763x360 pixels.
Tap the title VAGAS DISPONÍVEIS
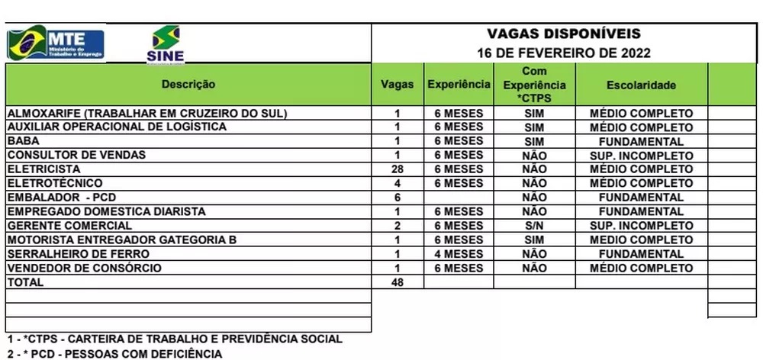point(564,34)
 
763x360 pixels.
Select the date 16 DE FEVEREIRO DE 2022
point(564,53)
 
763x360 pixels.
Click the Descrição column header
point(188,84)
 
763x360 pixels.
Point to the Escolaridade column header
point(641,85)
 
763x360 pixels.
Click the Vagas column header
point(397,85)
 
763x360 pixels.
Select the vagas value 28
point(397,169)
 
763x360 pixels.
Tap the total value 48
point(397,282)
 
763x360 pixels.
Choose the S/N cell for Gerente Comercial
point(534,226)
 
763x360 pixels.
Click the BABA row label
point(23,141)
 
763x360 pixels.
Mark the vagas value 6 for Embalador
point(397,197)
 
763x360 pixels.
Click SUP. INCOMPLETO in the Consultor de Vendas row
point(641,155)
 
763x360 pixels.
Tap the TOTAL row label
point(25,282)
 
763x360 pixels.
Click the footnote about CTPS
point(174,339)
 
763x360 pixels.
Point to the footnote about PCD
point(114,354)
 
